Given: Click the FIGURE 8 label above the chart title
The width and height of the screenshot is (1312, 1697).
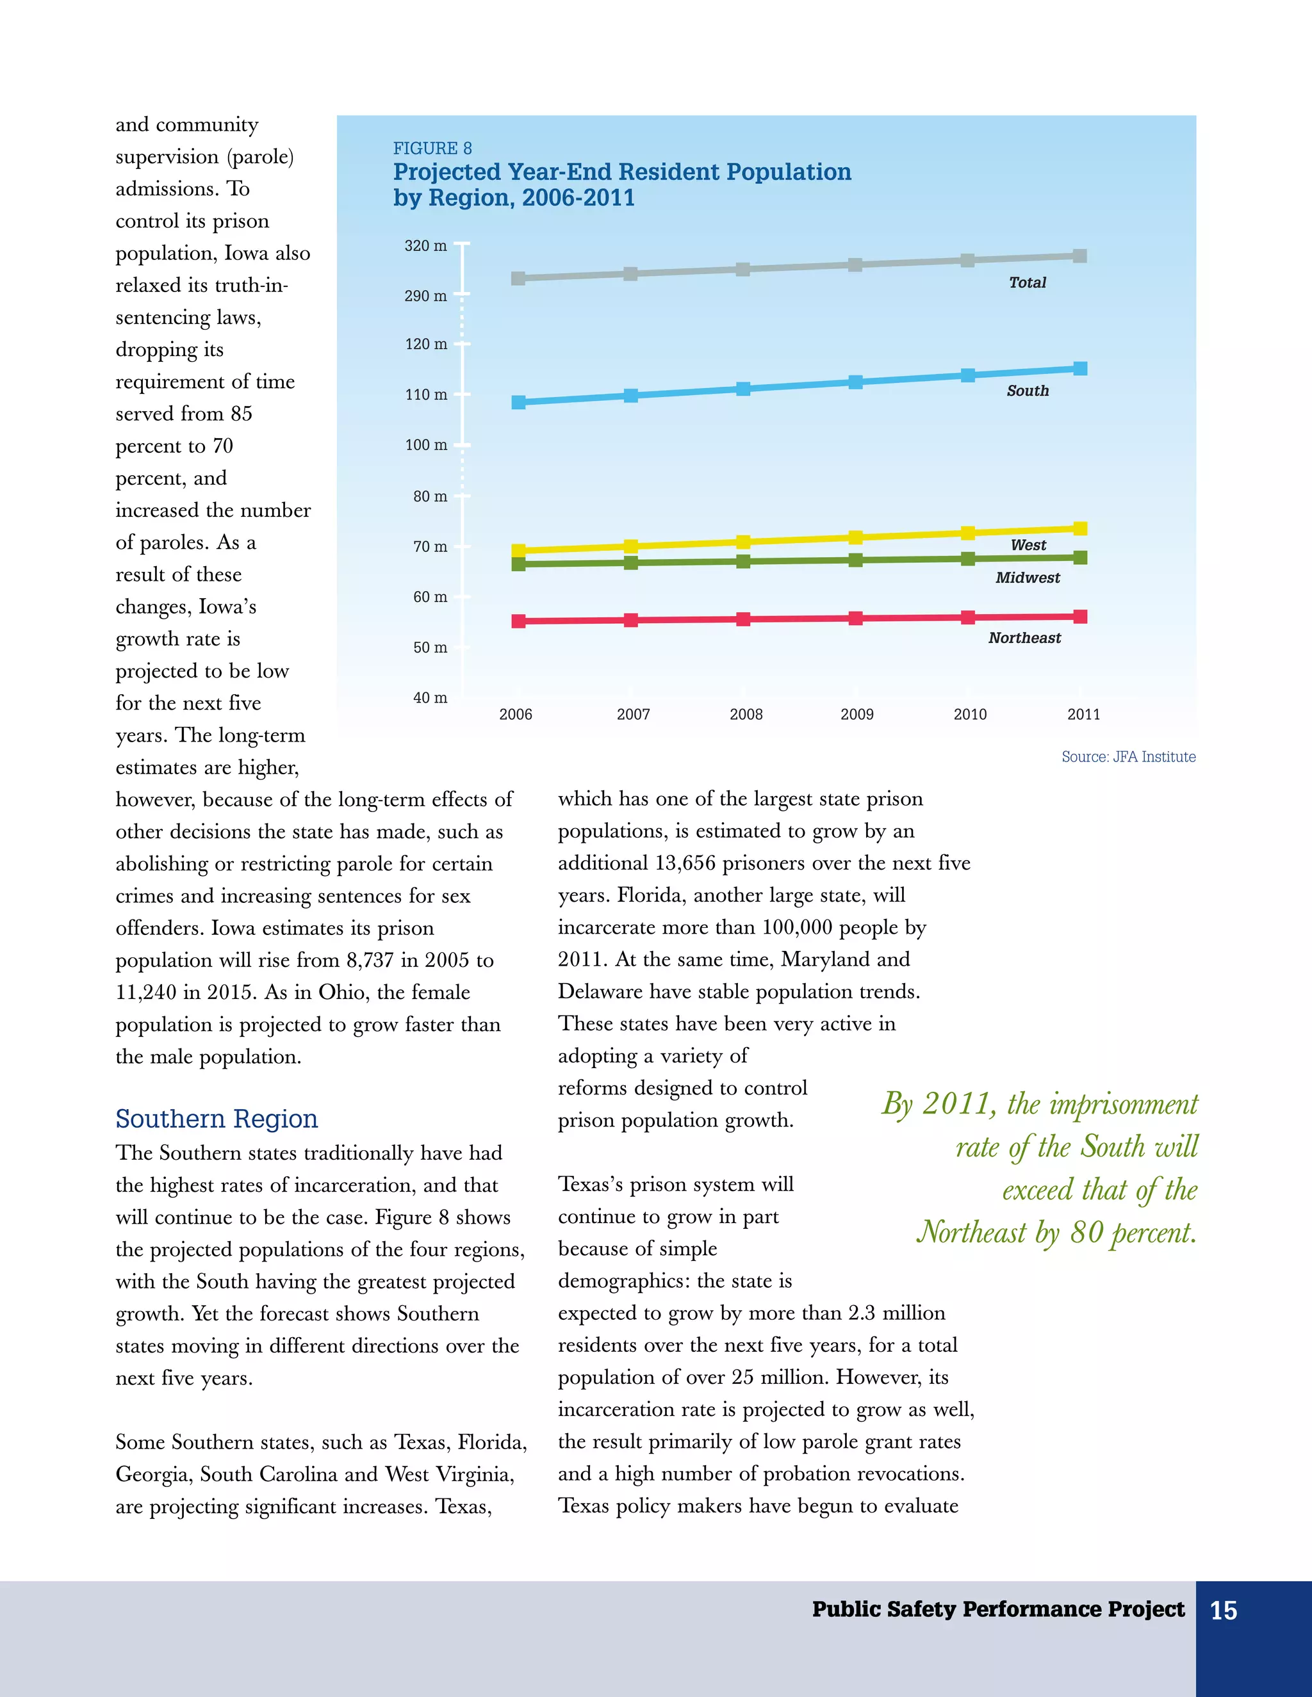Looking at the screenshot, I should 432,149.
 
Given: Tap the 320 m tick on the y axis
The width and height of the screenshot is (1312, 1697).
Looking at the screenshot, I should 425,245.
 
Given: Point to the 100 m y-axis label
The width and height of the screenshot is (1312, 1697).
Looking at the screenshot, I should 426,445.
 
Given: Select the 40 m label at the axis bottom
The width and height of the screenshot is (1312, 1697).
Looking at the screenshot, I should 430,698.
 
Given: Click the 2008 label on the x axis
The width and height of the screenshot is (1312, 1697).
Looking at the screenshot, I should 746,715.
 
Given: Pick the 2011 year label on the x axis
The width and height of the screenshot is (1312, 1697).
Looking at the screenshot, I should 1083,715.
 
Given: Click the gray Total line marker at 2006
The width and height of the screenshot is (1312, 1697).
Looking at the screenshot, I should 518,278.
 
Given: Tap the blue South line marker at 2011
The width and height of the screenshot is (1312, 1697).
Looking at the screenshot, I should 1079,368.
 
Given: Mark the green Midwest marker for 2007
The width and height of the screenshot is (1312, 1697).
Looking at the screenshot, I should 630,562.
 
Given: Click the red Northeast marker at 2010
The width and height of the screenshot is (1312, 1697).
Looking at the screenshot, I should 968,618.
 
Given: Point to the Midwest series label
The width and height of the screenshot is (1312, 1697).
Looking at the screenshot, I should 1028,578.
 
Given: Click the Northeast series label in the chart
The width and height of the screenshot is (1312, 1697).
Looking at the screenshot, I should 1024,638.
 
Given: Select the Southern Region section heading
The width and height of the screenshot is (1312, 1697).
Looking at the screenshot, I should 217,1119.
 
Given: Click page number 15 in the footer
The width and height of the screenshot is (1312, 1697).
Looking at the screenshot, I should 1224,1611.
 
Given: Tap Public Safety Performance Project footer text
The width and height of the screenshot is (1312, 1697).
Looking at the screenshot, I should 998,1609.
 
